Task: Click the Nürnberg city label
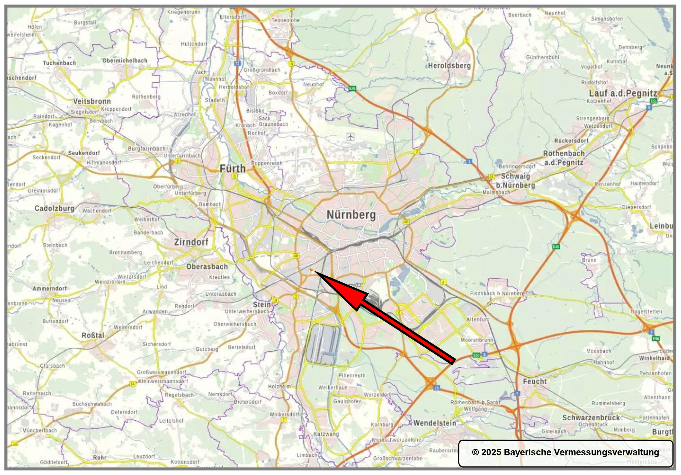351,215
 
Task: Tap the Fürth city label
233,168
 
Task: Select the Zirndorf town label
191,242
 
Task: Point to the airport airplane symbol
350,137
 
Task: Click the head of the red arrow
314,272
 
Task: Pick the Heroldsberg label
449,66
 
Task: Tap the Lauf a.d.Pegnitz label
623,93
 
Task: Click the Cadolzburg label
54,208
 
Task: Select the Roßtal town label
93,335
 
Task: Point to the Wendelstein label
435,423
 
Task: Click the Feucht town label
535,381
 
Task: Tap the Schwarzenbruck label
591,417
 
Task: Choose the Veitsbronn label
92,101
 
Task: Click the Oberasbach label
207,267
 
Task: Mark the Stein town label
262,305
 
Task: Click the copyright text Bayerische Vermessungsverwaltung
565,452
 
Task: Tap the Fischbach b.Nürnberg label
497,293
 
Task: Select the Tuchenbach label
59,63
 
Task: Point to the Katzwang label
326,434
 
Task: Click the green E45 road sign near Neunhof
352,88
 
